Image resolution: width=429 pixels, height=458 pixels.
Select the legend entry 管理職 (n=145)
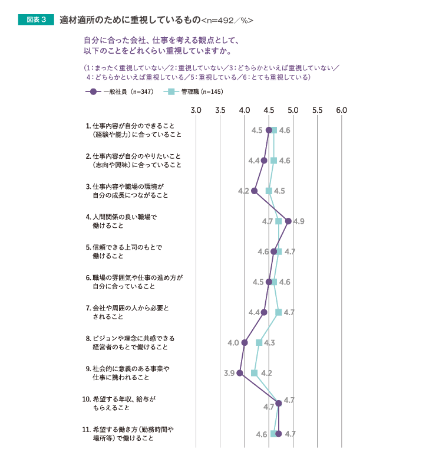coord(194,91)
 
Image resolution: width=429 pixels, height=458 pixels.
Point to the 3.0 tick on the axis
coord(197,110)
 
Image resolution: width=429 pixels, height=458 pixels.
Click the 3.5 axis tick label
coord(221,110)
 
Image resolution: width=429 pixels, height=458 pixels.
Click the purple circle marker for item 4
coord(288,221)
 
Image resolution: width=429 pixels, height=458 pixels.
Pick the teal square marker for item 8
coord(259,342)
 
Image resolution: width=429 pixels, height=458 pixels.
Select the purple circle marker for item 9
coord(240,373)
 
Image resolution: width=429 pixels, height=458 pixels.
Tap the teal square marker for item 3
coord(269,191)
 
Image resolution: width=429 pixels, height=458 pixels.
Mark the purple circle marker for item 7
coord(264,312)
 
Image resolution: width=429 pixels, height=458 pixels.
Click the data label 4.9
coord(299,221)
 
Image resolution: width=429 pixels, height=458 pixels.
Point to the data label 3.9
coord(229,373)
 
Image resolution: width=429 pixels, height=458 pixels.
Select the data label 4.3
coord(270,342)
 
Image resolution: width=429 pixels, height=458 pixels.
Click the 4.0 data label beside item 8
coord(233,342)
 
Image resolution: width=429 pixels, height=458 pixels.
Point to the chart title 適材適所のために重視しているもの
coord(130,20)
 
